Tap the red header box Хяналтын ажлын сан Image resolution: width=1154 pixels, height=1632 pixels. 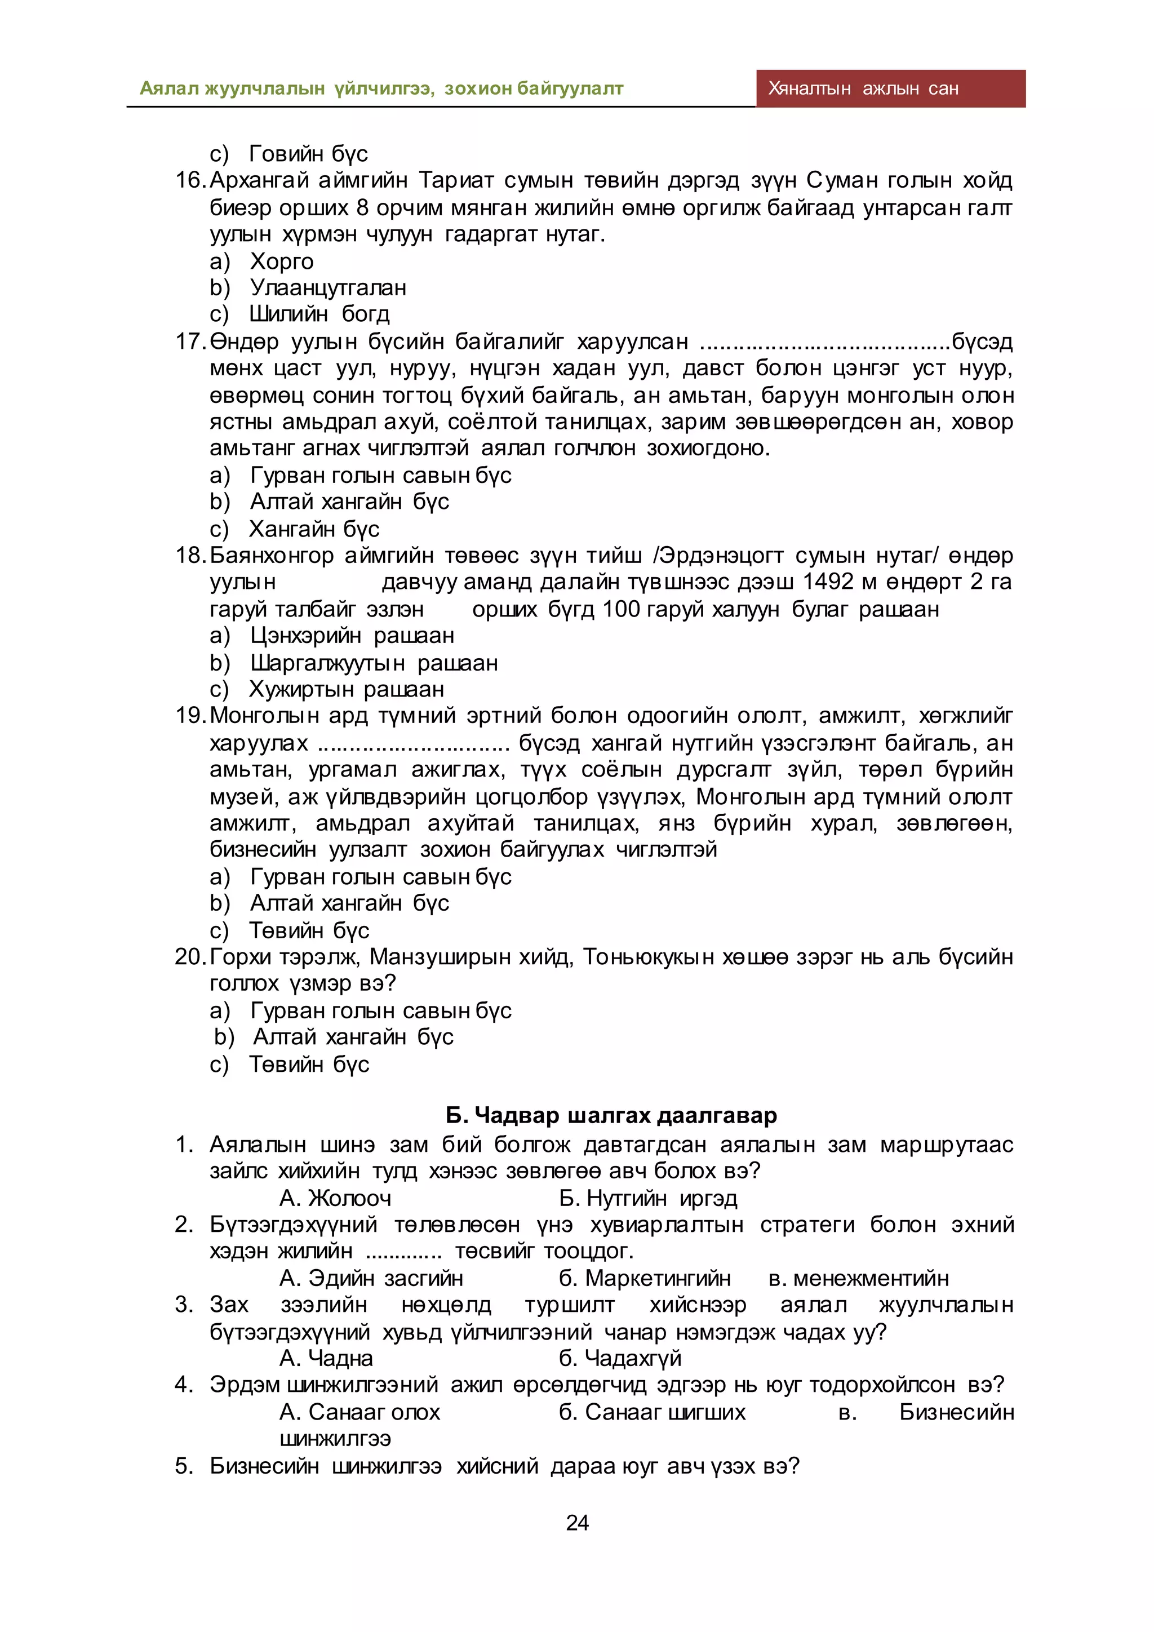890,89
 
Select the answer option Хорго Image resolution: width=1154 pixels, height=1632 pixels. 281,261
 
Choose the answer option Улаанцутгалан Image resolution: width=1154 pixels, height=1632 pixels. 327,288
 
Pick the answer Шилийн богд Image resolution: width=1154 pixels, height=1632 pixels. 319,314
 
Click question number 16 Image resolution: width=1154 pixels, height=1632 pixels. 190,180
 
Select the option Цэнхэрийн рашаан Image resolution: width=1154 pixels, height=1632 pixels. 352,636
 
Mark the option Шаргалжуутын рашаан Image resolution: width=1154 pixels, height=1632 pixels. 374,663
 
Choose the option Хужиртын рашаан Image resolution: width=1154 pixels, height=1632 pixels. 347,689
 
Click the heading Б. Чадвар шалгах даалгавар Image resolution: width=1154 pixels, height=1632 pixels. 611,1115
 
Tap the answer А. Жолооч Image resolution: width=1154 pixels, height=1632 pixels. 335,1199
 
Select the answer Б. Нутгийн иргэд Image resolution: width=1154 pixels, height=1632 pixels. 648,1199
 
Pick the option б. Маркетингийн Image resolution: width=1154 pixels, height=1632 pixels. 645,1279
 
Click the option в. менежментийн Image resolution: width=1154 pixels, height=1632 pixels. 858,1279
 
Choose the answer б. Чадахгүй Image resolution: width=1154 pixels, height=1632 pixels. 620,1358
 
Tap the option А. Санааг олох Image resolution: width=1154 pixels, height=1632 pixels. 359,1412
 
